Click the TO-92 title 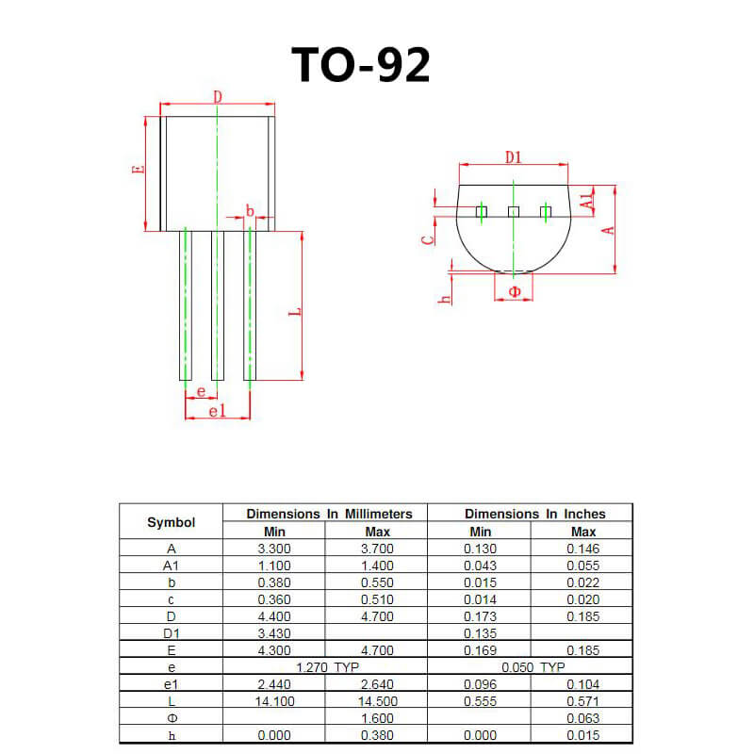tap(360, 64)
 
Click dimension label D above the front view tap(217, 97)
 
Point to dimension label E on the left tap(139, 171)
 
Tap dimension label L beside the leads tap(294, 311)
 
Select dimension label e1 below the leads tap(216, 411)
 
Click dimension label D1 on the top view tap(513, 156)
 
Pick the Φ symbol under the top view tap(514, 292)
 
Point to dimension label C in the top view tap(429, 238)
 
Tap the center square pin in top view tap(514, 211)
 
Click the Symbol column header tap(171, 522)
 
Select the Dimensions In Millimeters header tap(329, 514)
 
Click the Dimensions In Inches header tap(534, 514)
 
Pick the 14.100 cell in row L tap(273, 701)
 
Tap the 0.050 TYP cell tap(533, 666)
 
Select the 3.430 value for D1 tap(273, 632)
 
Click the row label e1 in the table tap(171, 684)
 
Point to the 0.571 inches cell tap(582, 701)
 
